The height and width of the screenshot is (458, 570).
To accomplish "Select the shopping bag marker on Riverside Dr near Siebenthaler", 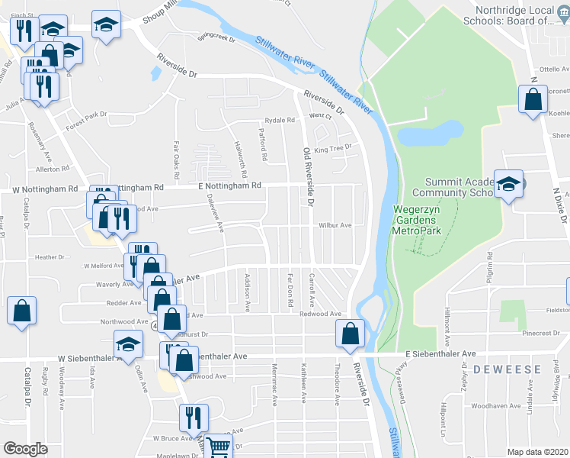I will click(x=349, y=334).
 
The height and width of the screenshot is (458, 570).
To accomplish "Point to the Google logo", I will click(x=25, y=449).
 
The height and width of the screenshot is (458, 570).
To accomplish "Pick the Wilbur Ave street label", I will click(x=335, y=225).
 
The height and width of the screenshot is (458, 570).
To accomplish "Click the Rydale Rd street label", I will click(x=280, y=121).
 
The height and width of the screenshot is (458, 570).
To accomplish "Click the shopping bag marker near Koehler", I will click(x=532, y=99).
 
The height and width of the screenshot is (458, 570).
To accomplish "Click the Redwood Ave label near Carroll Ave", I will click(x=320, y=314).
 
